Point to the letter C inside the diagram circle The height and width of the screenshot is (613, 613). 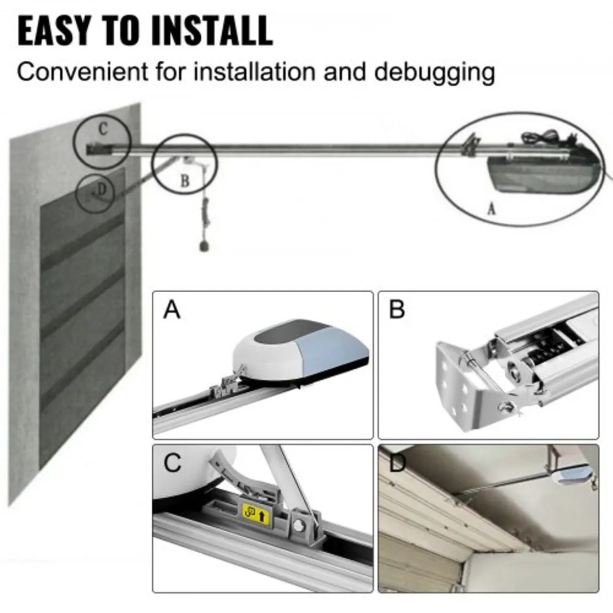point(103,129)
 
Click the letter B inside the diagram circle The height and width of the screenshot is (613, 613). point(185,181)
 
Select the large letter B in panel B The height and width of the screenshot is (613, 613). point(396,310)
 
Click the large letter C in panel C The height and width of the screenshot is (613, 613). point(172,463)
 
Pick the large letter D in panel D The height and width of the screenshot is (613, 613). point(397,463)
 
